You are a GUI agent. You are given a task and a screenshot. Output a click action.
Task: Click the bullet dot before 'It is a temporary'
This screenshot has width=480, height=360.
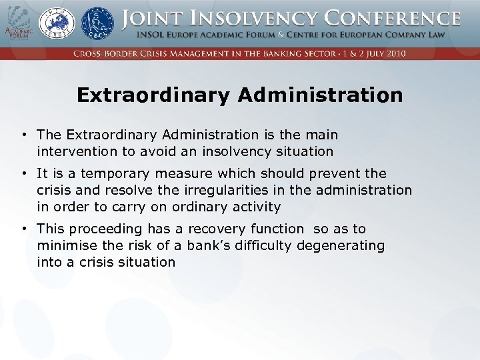[x=24, y=174]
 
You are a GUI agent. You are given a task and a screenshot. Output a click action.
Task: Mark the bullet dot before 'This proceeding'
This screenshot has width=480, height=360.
[x=24, y=229]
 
